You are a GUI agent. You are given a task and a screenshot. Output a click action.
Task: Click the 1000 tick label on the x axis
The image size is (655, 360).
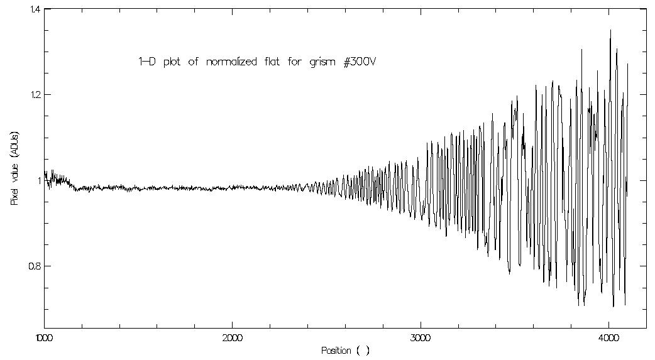pyautogui.click(x=44, y=337)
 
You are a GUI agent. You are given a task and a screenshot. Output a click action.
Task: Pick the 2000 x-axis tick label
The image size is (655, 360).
pyautogui.click(x=232, y=337)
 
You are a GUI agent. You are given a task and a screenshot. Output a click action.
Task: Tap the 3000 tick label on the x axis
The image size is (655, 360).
pyautogui.click(x=420, y=337)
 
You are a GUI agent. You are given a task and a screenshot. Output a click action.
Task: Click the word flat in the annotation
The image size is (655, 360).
pyautogui.click(x=272, y=62)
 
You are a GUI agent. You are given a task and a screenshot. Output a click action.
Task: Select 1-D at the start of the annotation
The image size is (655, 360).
pyautogui.click(x=147, y=62)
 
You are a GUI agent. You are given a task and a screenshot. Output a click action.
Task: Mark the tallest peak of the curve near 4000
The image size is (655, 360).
pyautogui.click(x=610, y=30)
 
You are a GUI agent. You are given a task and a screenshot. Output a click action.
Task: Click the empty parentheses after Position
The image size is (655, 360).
pyautogui.click(x=363, y=351)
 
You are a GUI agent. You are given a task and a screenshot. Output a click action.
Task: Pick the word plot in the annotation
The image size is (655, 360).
pyautogui.click(x=175, y=62)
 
